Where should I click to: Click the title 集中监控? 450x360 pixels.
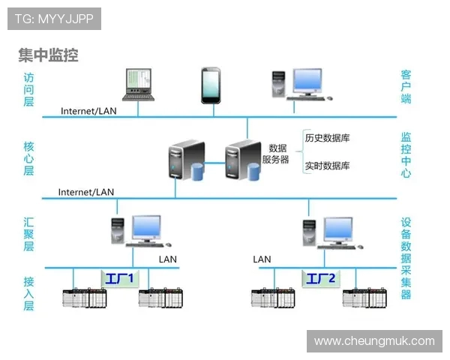click(48, 55)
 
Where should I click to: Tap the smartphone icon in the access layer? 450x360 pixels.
click(210, 85)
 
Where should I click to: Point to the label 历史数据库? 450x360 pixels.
click(327, 138)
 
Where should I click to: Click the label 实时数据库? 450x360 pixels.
click(327, 166)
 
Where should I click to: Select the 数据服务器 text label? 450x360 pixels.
click(275, 154)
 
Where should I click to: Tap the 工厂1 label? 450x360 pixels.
click(119, 279)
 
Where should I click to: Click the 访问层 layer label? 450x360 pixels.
click(28, 89)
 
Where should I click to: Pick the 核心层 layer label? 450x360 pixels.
click(28, 158)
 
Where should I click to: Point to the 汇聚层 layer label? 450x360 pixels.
click(28, 235)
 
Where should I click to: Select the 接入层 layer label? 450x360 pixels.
click(28, 293)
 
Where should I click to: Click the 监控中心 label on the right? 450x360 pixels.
click(406, 154)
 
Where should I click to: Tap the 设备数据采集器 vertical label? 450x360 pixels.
click(406, 258)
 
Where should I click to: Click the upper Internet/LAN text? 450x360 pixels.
click(88, 111)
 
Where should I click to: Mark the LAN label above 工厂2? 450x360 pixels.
click(262, 259)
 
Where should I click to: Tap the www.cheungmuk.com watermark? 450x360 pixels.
click(374, 341)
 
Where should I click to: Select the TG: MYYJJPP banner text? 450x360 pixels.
click(54, 19)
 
